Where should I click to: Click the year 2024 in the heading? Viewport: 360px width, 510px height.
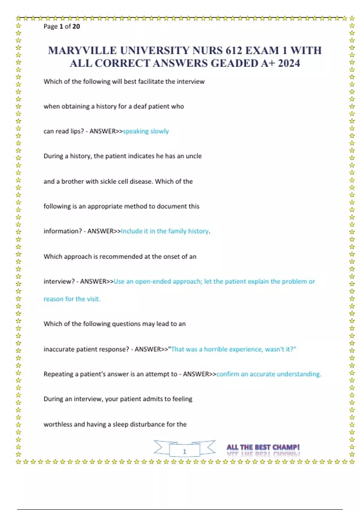point(289,63)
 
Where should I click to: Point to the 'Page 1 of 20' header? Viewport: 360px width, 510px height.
point(62,26)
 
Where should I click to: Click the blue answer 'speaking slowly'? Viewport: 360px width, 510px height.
point(146,131)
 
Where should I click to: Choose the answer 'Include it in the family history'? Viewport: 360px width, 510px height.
point(165,231)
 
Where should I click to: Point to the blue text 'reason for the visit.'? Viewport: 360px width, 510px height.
point(72,299)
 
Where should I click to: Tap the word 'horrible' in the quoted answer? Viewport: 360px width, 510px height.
point(215,349)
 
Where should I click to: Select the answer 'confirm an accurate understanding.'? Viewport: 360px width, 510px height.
point(269,374)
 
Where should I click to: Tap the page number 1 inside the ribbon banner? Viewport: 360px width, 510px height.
point(184,451)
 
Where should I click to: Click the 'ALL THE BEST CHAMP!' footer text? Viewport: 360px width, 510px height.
point(263,447)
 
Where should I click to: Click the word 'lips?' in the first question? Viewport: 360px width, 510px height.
point(77,131)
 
